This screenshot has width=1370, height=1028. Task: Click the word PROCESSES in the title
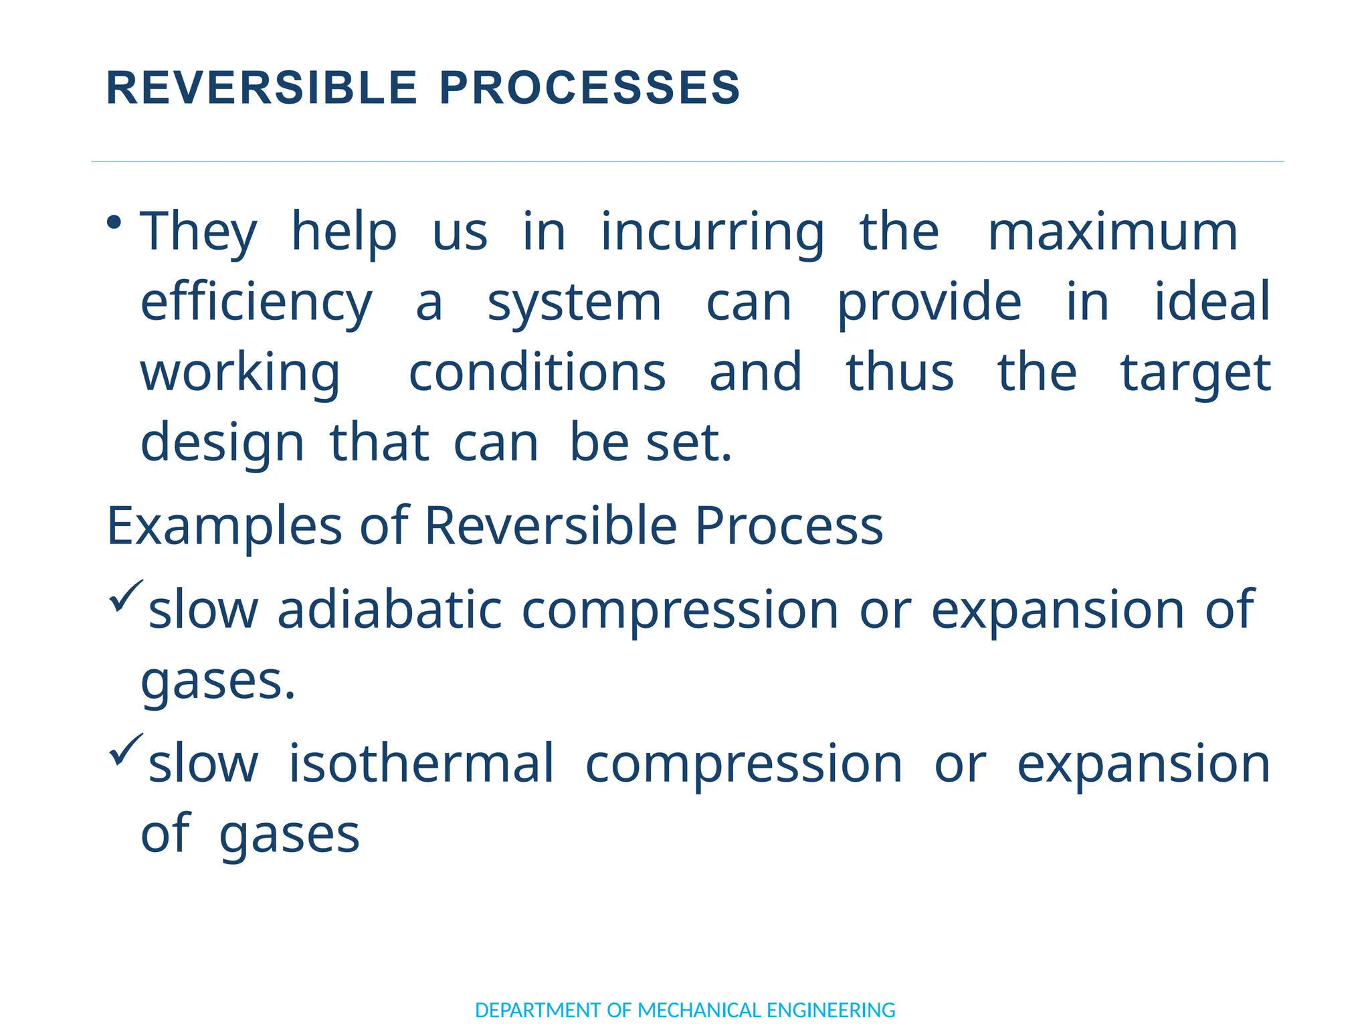tap(590, 88)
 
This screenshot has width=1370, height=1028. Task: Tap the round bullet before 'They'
tap(114, 222)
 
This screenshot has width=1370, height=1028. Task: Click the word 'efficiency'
tap(256, 303)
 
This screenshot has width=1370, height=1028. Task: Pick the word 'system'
tap(574, 303)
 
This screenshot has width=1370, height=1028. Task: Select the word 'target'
tap(1195, 373)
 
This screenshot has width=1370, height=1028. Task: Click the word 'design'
tap(222, 443)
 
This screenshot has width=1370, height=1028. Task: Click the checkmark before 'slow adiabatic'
tap(125, 595)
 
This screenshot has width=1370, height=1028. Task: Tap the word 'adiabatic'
tap(389, 610)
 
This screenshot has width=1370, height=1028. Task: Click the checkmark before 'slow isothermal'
tap(125, 749)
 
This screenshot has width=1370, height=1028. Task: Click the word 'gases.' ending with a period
tap(218, 682)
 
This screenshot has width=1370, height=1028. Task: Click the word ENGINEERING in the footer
tap(831, 1010)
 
